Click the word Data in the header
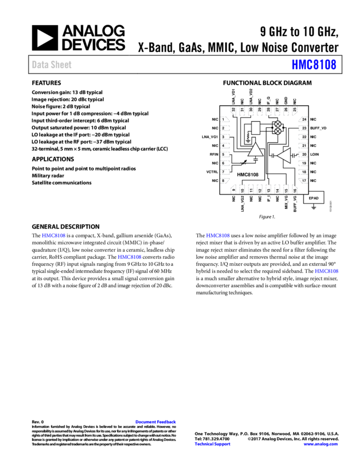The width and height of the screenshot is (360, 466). pos(40,65)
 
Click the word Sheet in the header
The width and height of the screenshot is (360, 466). pos(61,65)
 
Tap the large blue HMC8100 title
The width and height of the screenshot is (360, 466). pos(314,65)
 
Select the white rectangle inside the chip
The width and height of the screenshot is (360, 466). pos(256,128)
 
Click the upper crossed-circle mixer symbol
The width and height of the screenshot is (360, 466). pos(278,124)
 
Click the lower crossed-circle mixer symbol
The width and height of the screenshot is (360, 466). pos(278,131)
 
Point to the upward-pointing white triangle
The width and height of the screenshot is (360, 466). pos(255,150)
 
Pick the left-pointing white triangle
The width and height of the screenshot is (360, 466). pos(284,156)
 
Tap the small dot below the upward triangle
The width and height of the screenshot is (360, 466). pos(255,160)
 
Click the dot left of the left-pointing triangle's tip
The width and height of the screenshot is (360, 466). pos(273,156)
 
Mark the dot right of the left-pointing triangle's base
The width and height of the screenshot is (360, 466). pos(293,155)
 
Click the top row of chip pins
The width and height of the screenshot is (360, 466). pos(264,111)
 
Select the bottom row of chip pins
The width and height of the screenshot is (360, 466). pos(264,189)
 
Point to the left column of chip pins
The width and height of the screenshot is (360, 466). pos(225,150)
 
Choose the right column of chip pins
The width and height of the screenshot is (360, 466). pos(303,150)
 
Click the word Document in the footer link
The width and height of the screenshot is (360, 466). pos(146,422)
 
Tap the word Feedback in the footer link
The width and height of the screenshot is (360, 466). pos(167,422)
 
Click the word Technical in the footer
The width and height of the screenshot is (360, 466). pos(204,444)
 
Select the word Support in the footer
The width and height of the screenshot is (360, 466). pos(222,444)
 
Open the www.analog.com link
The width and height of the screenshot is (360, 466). pos(321,444)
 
